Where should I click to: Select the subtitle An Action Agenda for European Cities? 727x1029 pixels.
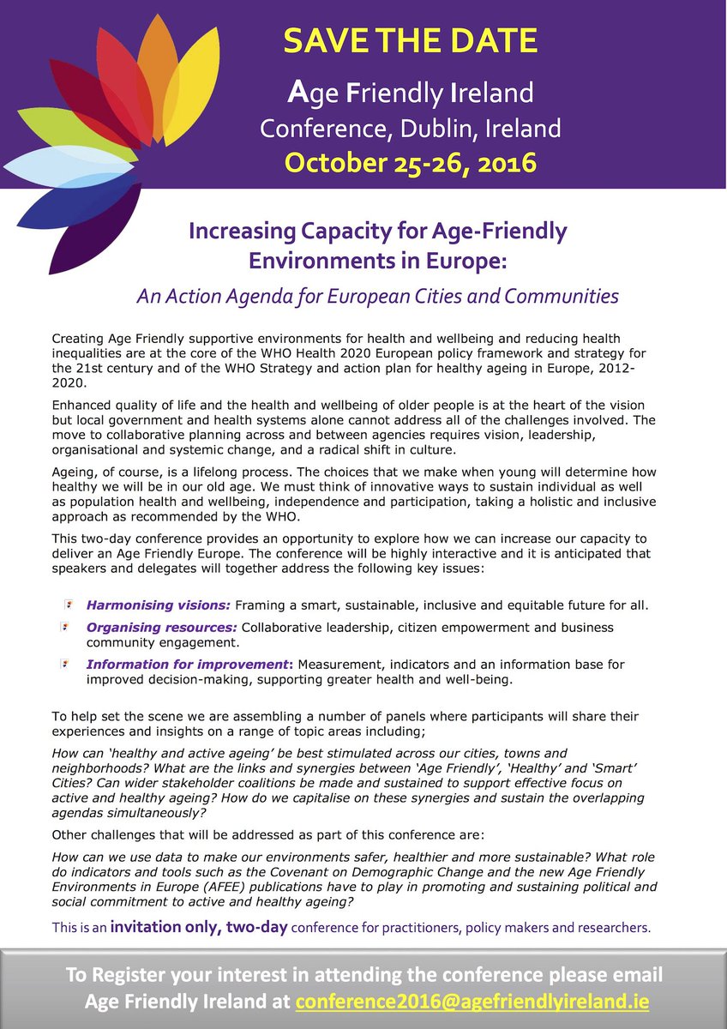tap(377, 297)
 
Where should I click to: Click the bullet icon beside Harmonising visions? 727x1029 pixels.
tap(68, 604)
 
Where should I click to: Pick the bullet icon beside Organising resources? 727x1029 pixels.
tap(68, 627)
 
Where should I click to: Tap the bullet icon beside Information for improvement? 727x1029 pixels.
tap(68, 664)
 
